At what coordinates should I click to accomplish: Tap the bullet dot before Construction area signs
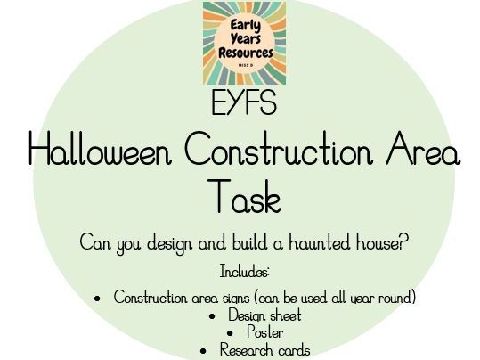pyautogui.click(x=98, y=299)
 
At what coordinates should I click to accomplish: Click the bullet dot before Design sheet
pyautogui.click(x=212, y=316)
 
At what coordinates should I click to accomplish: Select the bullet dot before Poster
pyautogui.click(x=231, y=333)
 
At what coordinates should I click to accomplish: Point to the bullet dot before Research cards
pyautogui.click(x=204, y=351)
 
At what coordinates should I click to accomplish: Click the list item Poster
pyautogui.click(x=264, y=333)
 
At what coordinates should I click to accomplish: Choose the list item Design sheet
pyautogui.click(x=264, y=315)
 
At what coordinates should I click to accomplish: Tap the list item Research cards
pyautogui.click(x=264, y=350)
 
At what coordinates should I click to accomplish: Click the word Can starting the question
pyautogui.click(x=94, y=242)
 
